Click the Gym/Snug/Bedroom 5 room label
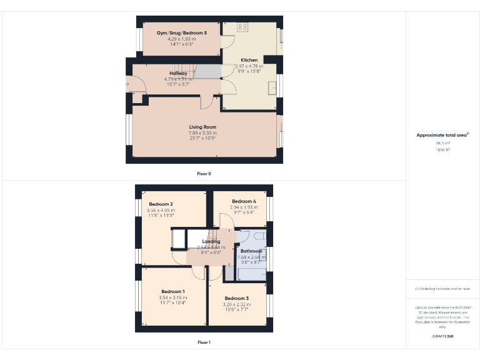[x=182, y=32]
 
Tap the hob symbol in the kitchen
[x=242, y=27]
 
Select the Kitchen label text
[x=249, y=60]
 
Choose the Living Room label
[x=202, y=127]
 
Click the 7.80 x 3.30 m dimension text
[x=202, y=132]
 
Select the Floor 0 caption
[x=204, y=173]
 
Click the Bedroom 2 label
[x=161, y=204]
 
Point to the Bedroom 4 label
[x=244, y=201]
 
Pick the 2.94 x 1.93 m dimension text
[x=244, y=207]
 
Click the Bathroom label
[x=251, y=251]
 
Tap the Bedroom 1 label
[x=172, y=291]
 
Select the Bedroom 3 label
[x=237, y=298]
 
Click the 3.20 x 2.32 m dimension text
[x=237, y=304]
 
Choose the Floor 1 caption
[x=204, y=342]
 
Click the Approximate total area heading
[x=442, y=135]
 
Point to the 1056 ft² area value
[x=442, y=150]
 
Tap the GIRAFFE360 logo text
[x=442, y=336]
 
